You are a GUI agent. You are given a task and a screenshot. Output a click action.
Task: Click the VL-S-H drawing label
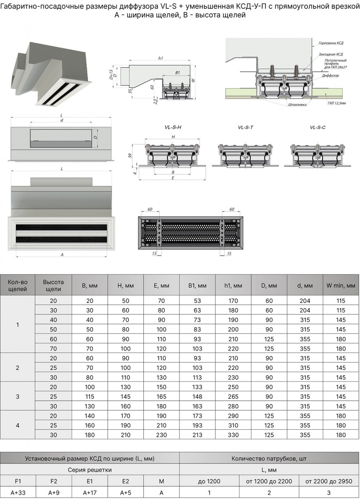[173, 127]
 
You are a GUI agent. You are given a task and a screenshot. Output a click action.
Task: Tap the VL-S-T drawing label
[245, 127]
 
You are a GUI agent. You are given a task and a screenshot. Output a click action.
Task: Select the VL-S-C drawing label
[318, 127]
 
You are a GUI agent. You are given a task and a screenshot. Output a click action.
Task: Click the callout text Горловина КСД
[331, 43]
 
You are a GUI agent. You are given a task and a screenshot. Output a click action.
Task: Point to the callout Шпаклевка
[297, 105]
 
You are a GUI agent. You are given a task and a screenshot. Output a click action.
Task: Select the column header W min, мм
[340, 286]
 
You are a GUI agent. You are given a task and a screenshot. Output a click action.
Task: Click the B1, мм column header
[197, 286]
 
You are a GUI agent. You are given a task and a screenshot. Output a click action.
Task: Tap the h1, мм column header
[233, 286]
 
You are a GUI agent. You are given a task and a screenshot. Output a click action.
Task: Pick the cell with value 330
[233, 435]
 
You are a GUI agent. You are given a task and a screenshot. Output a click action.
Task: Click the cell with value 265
[233, 397]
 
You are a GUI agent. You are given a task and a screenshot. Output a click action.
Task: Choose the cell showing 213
[197, 435]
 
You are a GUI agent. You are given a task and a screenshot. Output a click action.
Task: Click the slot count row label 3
[17, 397]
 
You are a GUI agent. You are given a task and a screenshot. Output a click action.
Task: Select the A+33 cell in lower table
[18, 492]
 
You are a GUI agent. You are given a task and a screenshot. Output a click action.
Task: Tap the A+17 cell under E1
[90, 492]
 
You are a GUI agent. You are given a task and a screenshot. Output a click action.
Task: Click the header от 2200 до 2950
[328, 481]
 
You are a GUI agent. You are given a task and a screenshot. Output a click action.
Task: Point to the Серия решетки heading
[90, 470]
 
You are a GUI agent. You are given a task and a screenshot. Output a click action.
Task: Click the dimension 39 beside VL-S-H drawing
[130, 156]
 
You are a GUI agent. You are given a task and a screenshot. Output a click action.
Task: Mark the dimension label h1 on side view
[160, 58]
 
